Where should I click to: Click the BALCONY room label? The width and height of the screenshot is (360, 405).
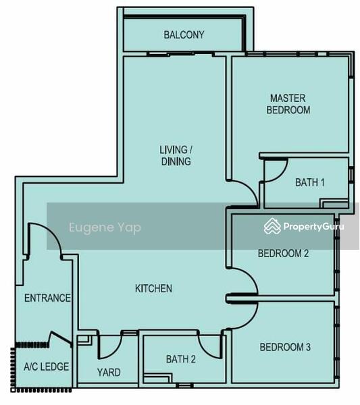(x=184, y=35)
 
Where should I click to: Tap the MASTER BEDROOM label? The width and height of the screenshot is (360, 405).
(x=288, y=104)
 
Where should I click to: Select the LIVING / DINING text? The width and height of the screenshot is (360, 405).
(x=176, y=155)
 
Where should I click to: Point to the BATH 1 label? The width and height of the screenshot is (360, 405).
(x=310, y=183)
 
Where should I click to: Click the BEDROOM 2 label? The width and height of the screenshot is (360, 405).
(x=283, y=253)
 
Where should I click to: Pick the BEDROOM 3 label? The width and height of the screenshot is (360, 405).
(x=285, y=347)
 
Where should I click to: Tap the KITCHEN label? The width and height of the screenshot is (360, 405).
(x=153, y=288)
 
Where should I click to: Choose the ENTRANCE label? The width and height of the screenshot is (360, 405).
(x=47, y=298)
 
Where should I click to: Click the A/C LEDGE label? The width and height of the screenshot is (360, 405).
(x=46, y=367)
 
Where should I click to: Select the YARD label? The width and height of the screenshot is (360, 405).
(x=109, y=373)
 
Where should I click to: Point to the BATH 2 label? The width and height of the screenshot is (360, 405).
(x=180, y=359)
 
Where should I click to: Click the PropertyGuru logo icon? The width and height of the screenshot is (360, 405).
(x=272, y=226)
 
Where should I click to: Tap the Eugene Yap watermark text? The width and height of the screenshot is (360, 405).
(x=105, y=227)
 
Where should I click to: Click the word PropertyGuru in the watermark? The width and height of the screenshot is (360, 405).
(x=314, y=227)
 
